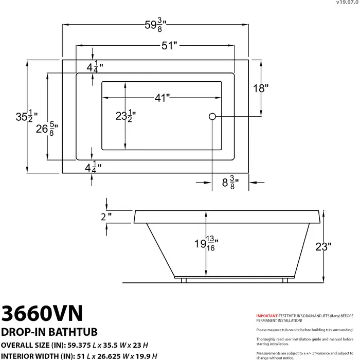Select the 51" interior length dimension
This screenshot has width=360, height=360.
pyautogui.click(x=169, y=45)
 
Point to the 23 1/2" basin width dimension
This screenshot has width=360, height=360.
pyautogui.click(x=125, y=116)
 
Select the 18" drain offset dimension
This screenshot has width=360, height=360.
pyautogui.click(x=261, y=88)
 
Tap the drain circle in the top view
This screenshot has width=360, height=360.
pyautogui.click(x=212, y=116)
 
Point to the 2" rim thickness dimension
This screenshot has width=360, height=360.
pyautogui.click(x=106, y=217)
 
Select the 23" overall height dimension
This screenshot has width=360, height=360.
pyautogui.click(x=323, y=247)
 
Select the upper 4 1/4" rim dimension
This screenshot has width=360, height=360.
pyautogui.click(x=94, y=66)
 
